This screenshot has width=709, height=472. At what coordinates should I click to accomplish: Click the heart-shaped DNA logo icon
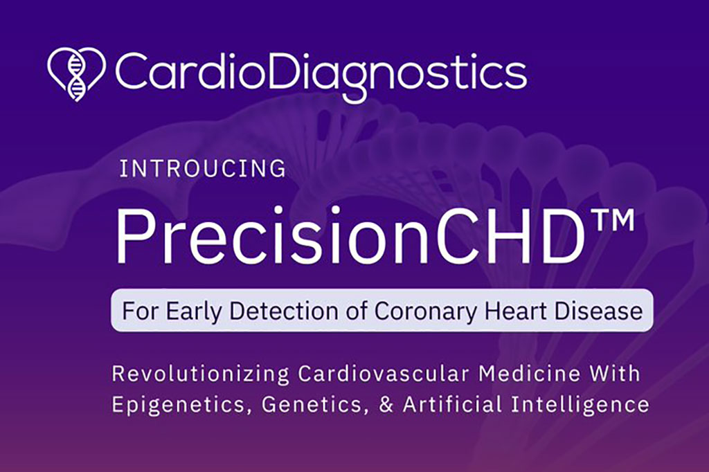tap(76, 74)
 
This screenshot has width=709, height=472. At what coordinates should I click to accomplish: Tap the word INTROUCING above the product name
tap(203, 169)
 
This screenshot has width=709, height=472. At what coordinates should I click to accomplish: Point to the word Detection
tap(284, 311)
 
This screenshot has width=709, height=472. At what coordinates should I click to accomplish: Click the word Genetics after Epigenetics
tap(313, 403)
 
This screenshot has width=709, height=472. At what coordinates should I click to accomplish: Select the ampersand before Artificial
tap(386, 404)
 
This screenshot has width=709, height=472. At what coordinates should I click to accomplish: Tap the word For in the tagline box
tap(141, 311)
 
